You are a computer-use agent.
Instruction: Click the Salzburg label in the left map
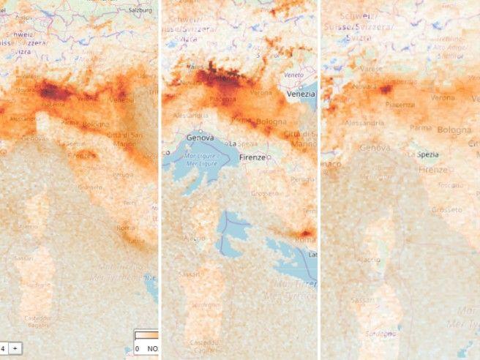tap(140, 10)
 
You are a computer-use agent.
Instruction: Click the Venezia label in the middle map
tap(301, 94)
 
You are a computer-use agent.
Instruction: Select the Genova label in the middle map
tap(200, 137)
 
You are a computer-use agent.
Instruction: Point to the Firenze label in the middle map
tap(252, 157)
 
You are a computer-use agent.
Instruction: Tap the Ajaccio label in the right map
tap(367, 259)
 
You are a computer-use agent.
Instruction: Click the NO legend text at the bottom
tap(152, 349)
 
